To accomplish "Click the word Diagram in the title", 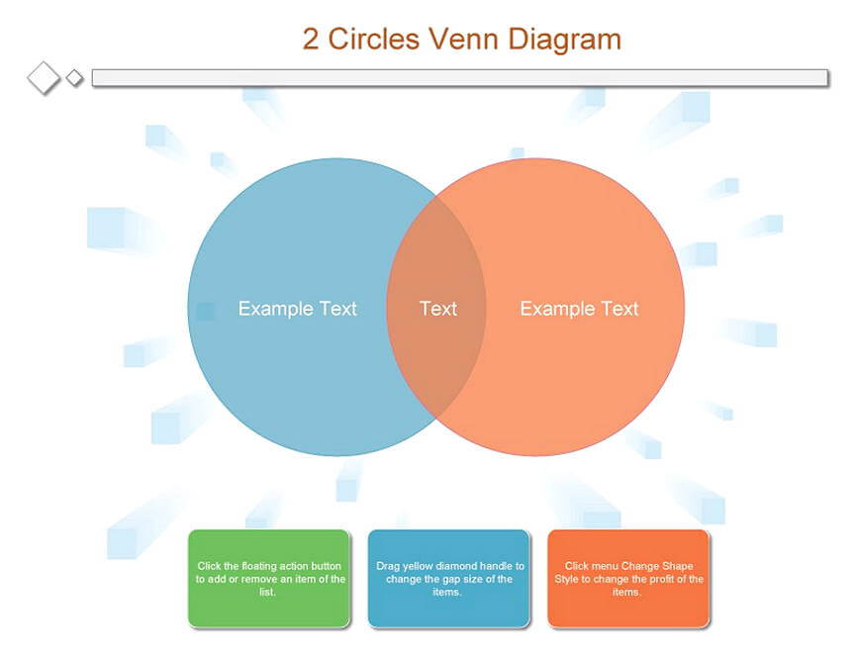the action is (564, 41).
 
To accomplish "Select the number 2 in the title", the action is (311, 40).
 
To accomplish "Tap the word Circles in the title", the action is (373, 40).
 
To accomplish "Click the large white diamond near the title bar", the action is (44, 78).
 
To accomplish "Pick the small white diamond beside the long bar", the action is (74, 78).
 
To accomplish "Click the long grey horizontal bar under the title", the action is (460, 77).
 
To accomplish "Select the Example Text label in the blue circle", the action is (298, 309).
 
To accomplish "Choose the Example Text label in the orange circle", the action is (579, 309).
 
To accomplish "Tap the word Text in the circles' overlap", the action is (438, 309).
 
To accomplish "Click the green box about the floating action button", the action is (269, 579).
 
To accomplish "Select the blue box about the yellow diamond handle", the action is (448, 579).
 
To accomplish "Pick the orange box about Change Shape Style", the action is (628, 579).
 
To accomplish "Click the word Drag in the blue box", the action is (388, 566).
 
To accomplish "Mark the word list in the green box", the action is (267, 592).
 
